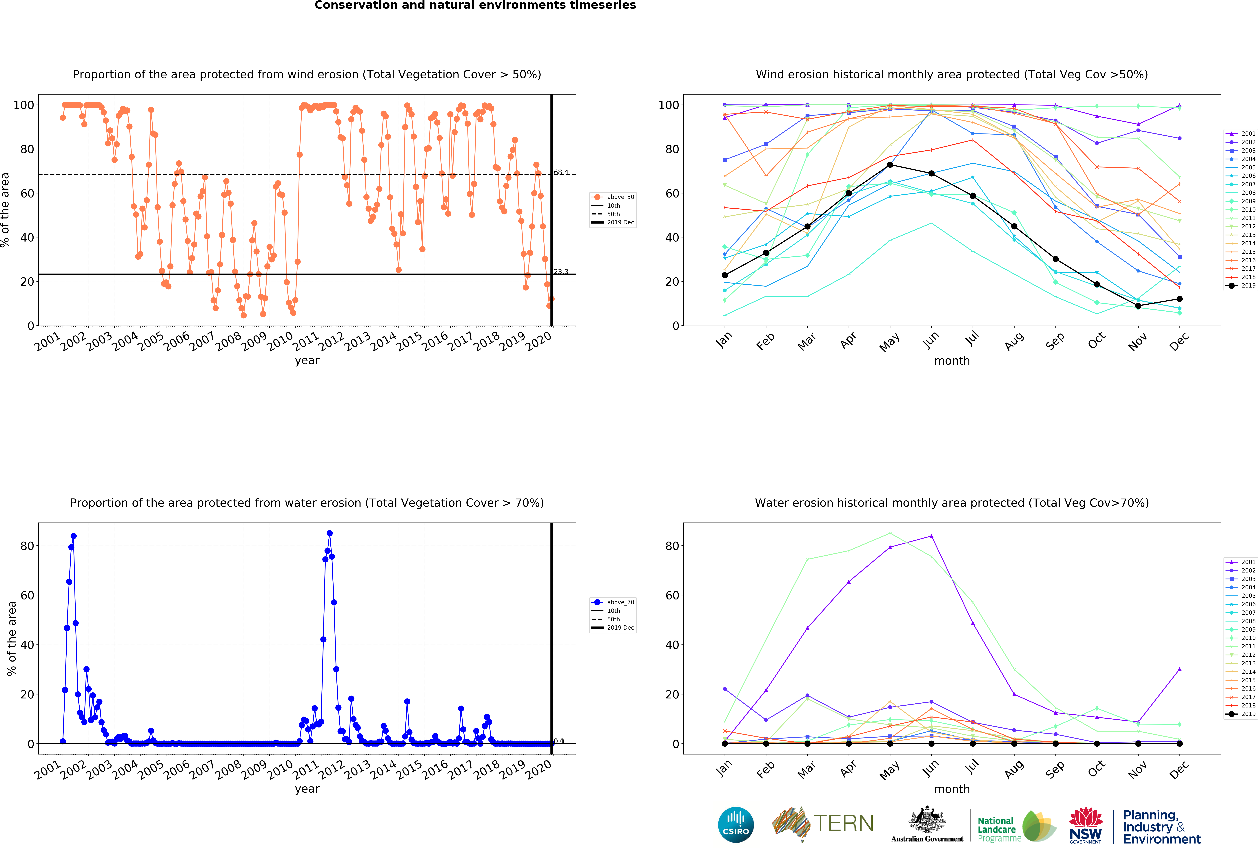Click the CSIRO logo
[x=736, y=825]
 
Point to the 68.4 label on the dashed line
[x=561, y=172]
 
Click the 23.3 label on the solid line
[x=561, y=271]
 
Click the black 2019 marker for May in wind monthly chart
[x=890, y=165]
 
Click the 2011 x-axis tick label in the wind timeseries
[x=306, y=341]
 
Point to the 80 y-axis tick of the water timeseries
[x=27, y=546]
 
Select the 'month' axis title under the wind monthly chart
[x=952, y=361]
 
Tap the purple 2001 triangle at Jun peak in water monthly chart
[x=931, y=536]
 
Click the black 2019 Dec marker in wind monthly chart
[x=1179, y=299]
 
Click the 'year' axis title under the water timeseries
[x=307, y=789]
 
